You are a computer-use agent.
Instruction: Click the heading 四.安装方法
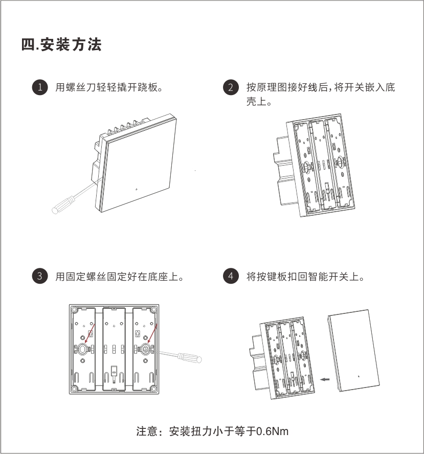click(61, 45)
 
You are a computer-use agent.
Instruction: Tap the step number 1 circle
click(39, 87)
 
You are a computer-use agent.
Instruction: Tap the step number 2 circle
click(231, 87)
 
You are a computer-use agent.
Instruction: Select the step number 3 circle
click(39, 277)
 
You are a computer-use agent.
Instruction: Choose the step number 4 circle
click(231, 277)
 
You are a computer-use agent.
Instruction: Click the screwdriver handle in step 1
click(60, 205)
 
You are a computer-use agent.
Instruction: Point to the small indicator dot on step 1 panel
click(137, 190)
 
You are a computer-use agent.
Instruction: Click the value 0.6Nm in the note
click(272, 431)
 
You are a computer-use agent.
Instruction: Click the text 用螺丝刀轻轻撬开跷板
click(108, 87)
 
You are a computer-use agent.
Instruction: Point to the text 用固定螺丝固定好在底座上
click(119, 277)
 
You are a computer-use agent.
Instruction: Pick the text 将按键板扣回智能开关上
click(305, 277)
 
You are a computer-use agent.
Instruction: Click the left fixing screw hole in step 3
click(83, 349)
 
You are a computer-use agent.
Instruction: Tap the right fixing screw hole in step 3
click(145, 349)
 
